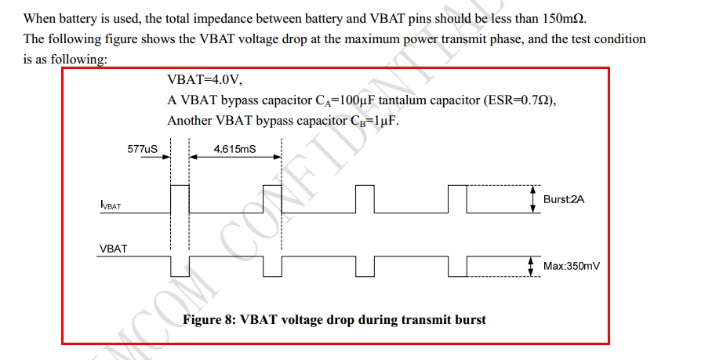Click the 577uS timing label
(141, 147)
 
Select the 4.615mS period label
(234, 147)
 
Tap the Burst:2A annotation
(563, 199)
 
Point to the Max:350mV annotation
(571, 267)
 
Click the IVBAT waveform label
(111, 205)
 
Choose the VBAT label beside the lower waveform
(113, 249)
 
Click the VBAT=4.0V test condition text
(210, 81)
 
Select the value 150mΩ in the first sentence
(562, 18)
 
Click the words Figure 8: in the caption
(209, 320)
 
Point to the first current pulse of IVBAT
(180, 199)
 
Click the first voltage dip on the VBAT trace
(180, 267)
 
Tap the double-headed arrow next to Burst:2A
(533, 199)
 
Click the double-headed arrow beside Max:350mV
(533, 267)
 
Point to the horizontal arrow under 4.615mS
(234, 157)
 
